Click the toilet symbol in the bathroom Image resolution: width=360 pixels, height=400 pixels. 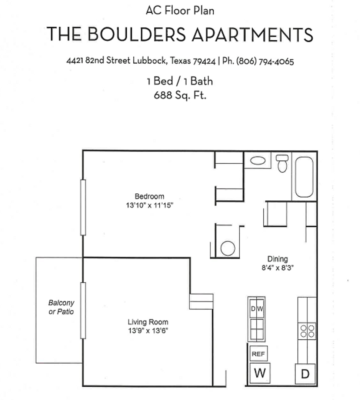(282, 164)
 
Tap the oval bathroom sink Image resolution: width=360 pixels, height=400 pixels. (258, 160)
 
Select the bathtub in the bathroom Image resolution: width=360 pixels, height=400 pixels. (304, 177)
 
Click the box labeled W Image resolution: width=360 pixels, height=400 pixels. (260, 373)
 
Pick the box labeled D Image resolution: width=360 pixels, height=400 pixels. (305, 374)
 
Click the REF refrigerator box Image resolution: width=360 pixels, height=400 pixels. (258, 354)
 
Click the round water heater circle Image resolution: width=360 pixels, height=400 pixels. (227, 248)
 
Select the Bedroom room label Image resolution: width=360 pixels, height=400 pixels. (149, 196)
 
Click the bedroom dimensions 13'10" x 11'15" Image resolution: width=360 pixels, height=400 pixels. (150, 205)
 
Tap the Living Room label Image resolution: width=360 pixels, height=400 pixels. (148, 322)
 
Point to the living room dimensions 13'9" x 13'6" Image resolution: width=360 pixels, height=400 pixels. (148, 331)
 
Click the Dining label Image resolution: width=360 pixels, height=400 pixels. (277, 259)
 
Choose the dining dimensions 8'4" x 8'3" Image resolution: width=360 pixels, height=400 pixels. (278, 267)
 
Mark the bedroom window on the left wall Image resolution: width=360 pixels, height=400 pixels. (83, 207)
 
